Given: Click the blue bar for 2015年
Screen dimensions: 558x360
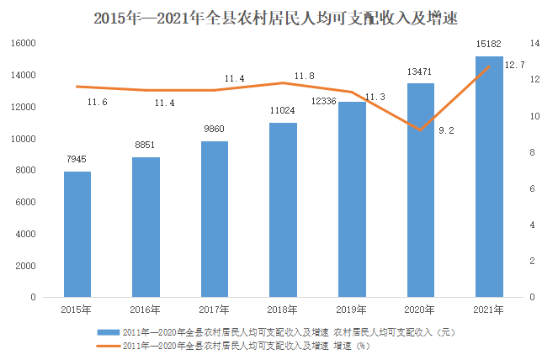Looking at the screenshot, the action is [x=77, y=234].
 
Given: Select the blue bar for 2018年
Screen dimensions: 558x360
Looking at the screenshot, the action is [x=284, y=210].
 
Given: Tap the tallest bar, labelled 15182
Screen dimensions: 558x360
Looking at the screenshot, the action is [x=489, y=177].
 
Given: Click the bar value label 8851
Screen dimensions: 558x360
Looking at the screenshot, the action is [x=145, y=146].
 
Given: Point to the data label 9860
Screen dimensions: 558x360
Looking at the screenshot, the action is [x=215, y=129].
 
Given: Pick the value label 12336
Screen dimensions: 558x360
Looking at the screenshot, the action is [x=323, y=102].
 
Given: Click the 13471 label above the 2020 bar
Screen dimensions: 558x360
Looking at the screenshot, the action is [x=419, y=71].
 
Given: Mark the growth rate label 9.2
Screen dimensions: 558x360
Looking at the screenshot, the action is [x=446, y=131].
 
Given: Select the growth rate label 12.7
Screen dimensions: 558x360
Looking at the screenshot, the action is [x=514, y=65].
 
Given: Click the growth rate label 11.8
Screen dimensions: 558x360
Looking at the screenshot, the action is [x=305, y=77].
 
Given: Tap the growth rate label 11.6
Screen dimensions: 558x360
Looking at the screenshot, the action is [x=98, y=103].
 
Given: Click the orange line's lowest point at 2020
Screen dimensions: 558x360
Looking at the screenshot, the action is [x=421, y=130].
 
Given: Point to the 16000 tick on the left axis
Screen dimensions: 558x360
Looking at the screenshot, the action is [x=24, y=44].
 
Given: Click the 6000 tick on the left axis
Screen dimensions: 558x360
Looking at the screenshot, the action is [x=25, y=202].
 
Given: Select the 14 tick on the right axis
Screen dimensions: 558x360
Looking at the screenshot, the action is [x=535, y=44].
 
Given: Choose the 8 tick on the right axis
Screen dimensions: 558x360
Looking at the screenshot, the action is [x=533, y=152].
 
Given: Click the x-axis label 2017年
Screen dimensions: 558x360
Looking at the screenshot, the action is [x=215, y=310].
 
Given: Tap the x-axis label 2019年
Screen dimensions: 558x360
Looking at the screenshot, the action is [x=352, y=310].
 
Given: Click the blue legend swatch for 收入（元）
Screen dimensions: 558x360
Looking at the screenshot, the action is [x=109, y=332].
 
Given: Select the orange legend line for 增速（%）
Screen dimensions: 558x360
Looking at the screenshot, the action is [x=109, y=346].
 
